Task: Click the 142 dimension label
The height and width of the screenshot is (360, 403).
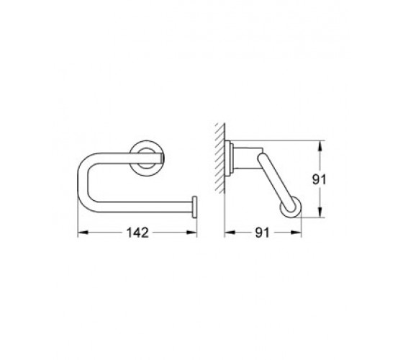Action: click(137, 233)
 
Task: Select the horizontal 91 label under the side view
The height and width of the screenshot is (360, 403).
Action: click(262, 233)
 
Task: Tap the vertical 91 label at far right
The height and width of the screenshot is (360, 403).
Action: click(320, 179)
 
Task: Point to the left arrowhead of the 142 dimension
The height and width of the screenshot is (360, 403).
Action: click(83, 233)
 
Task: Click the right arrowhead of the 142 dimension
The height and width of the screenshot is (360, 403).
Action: click(191, 233)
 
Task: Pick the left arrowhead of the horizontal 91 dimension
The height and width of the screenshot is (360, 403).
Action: click(230, 233)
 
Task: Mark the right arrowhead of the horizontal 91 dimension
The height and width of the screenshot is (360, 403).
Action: click(296, 233)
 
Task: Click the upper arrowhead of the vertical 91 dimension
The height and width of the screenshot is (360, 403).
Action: click(320, 146)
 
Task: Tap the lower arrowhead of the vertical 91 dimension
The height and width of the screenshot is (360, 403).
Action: click(320, 212)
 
